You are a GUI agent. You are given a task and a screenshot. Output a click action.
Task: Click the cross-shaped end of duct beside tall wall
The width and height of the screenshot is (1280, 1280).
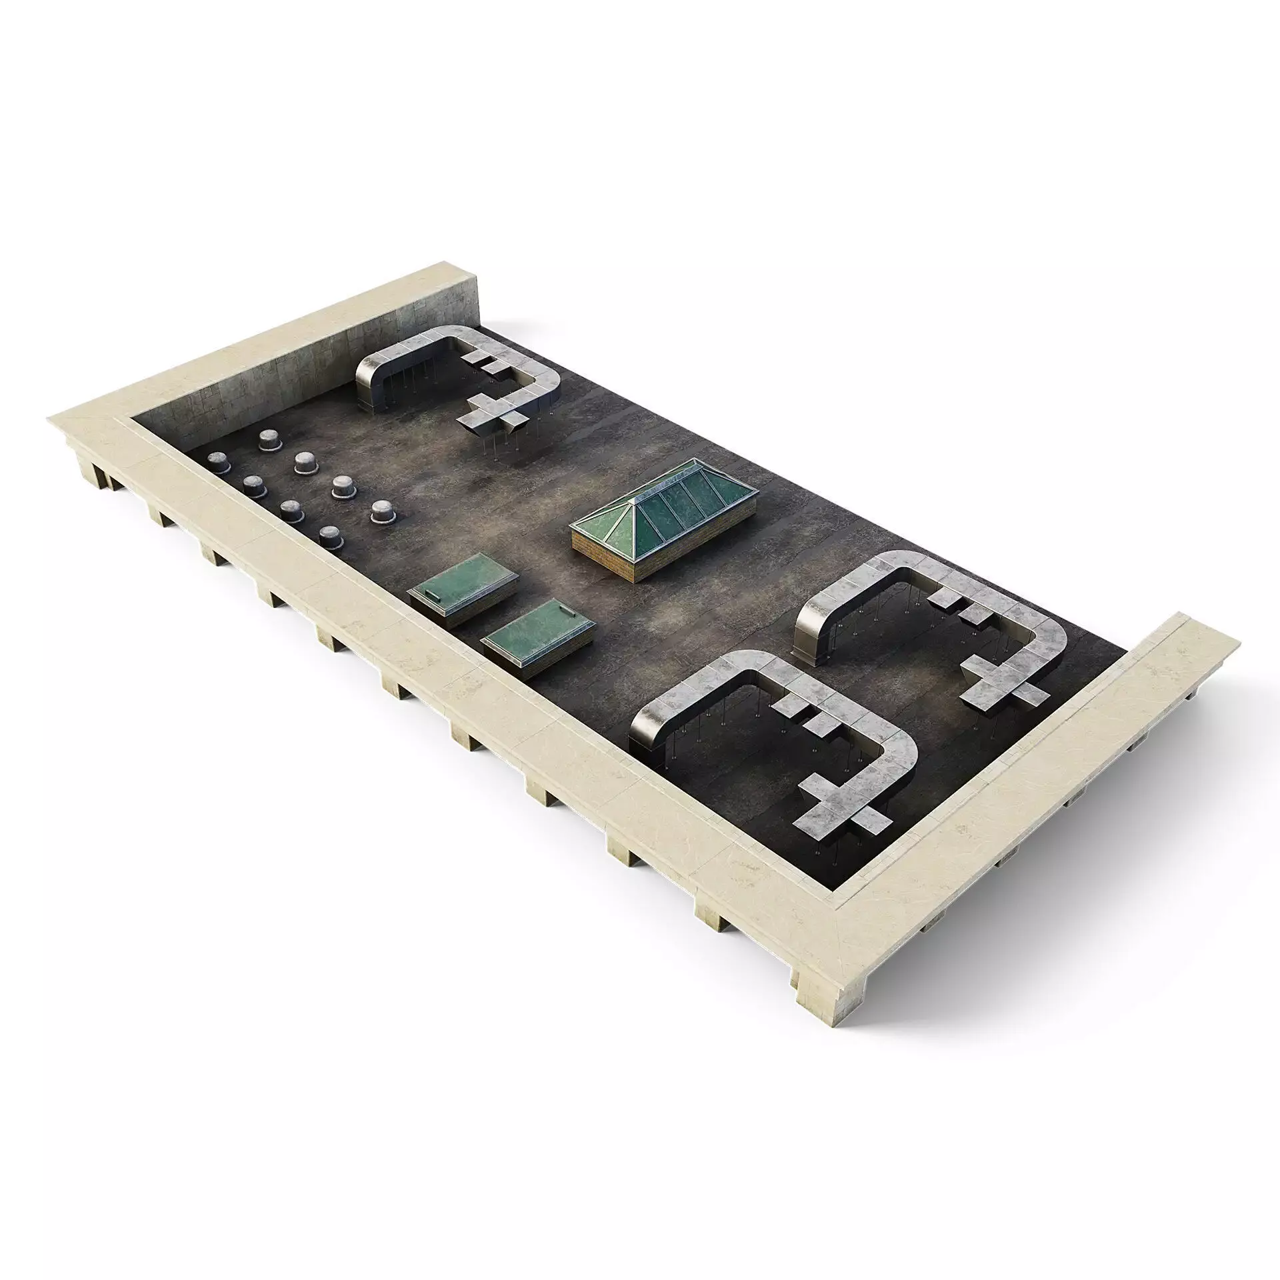click(x=497, y=417)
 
